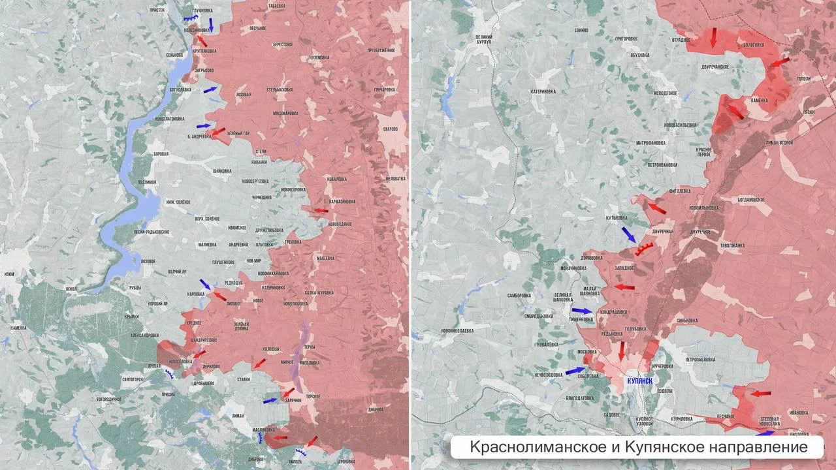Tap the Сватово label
tap(391, 129)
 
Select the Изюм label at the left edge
tap(8, 275)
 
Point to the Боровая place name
tap(160, 154)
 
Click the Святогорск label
tap(133, 379)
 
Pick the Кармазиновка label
tap(342, 202)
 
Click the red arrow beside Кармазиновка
tap(320, 210)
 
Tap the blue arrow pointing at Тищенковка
tap(581, 311)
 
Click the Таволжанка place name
tap(732, 246)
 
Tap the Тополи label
tap(803, 78)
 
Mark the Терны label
tap(310, 347)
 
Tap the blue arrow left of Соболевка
tap(575, 371)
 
